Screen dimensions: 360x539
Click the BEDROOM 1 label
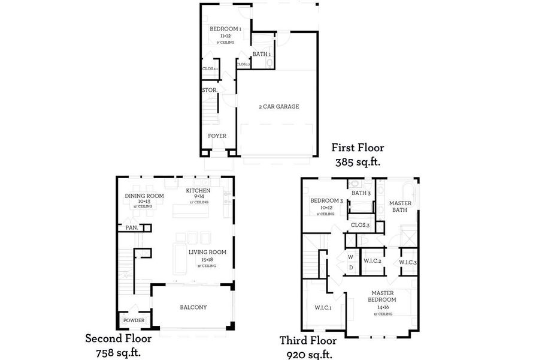tap(226, 29)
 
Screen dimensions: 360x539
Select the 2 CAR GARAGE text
tap(278, 107)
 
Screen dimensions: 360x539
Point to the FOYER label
tap(217, 136)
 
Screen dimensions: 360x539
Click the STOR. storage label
tap(209, 90)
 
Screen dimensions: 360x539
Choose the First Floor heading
tap(359, 148)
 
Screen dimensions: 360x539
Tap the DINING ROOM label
tap(144, 196)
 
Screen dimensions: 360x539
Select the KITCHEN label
tap(198, 190)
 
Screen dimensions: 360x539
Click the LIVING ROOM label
tap(207, 252)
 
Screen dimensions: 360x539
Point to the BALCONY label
tap(193, 307)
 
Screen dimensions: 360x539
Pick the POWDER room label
tap(134, 320)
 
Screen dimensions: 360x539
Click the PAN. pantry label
tap(132, 227)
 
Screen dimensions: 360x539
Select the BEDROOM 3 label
tap(326, 200)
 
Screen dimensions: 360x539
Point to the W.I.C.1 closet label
tap(324, 308)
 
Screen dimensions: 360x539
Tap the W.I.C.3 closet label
tap(408, 263)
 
